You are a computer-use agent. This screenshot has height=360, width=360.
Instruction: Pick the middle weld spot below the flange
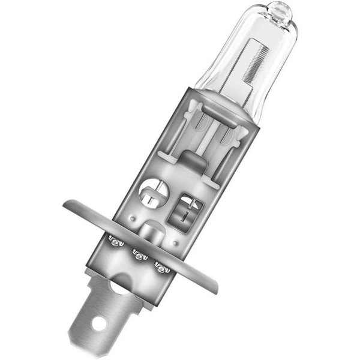[139, 255]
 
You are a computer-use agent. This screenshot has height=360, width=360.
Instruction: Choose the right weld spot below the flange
[163, 267]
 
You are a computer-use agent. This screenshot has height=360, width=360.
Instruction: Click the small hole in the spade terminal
[100, 325]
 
